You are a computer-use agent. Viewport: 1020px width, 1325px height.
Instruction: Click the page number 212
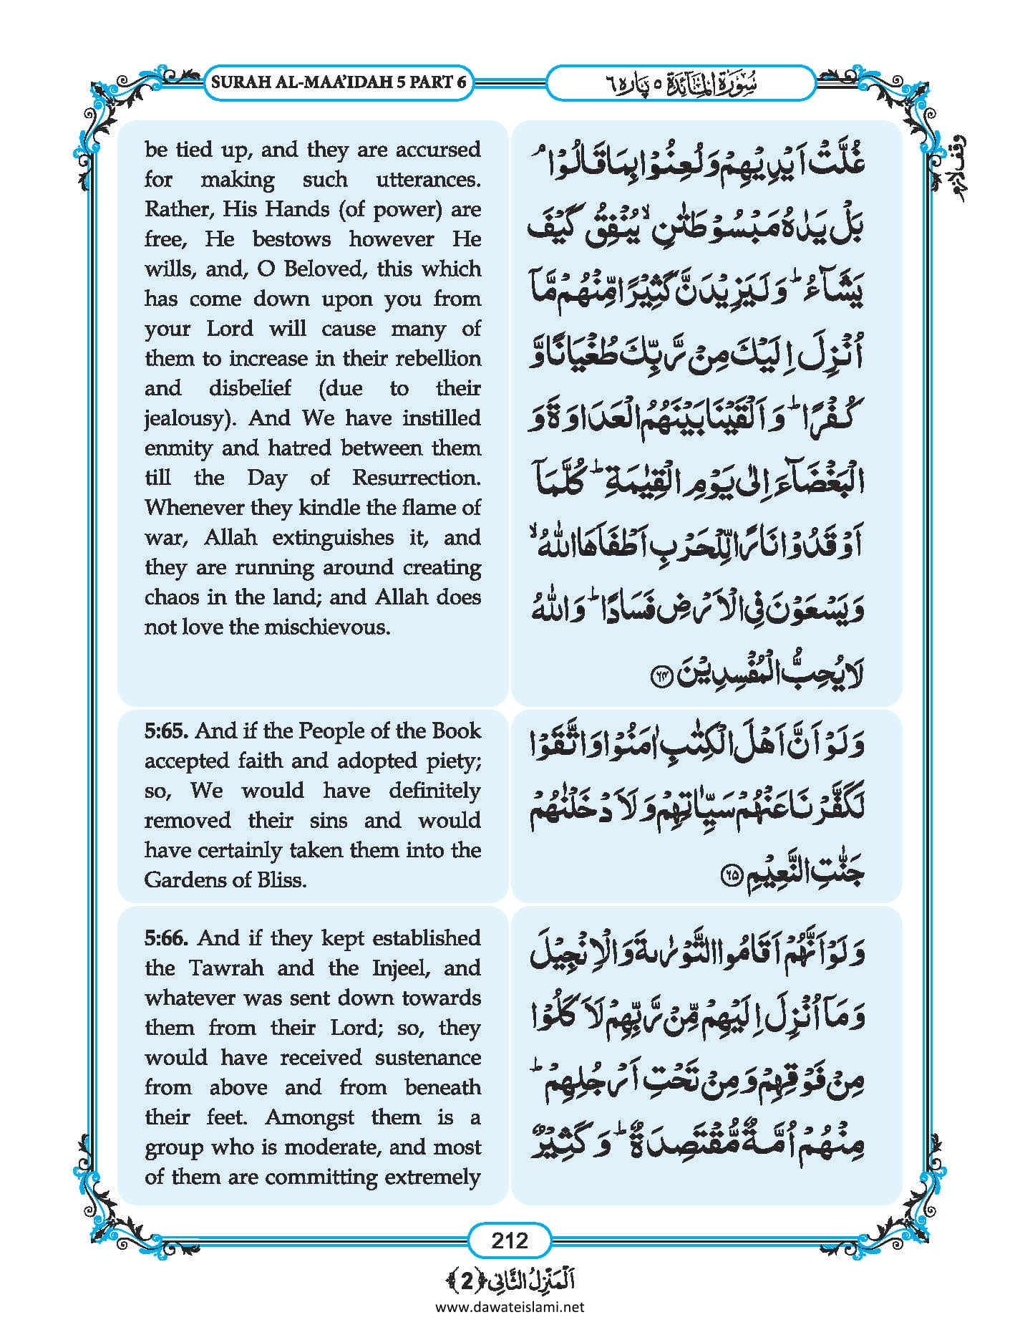pos(509,1240)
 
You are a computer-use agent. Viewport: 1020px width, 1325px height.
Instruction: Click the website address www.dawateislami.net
pos(509,1306)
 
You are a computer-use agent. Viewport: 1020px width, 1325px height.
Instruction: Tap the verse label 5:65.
pos(166,731)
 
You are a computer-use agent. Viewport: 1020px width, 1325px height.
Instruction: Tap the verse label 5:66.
pos(167,938)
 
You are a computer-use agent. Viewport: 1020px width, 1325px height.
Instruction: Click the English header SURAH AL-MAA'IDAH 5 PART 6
pos(338,82)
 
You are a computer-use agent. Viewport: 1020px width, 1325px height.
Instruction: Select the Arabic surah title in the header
pos(680,83)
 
